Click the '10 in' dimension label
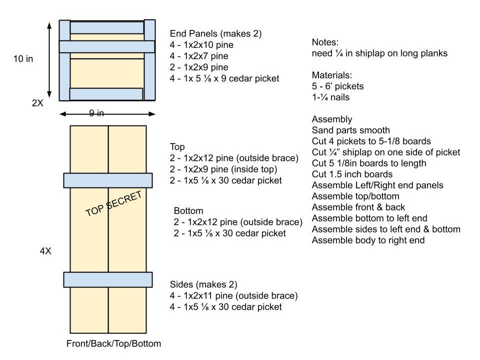23,59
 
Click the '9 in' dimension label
96,113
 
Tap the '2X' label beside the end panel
37,103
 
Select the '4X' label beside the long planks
45,251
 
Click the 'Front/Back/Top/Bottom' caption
113,343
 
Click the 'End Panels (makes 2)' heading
215,34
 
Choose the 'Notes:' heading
325,42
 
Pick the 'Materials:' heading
332,75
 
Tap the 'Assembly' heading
332,119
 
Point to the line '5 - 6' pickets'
337,86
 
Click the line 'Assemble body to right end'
368,240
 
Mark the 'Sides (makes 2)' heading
203,284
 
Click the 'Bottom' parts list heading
188,211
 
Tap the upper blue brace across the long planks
108,180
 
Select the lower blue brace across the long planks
108,279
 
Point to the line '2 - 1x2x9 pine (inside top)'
227,169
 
